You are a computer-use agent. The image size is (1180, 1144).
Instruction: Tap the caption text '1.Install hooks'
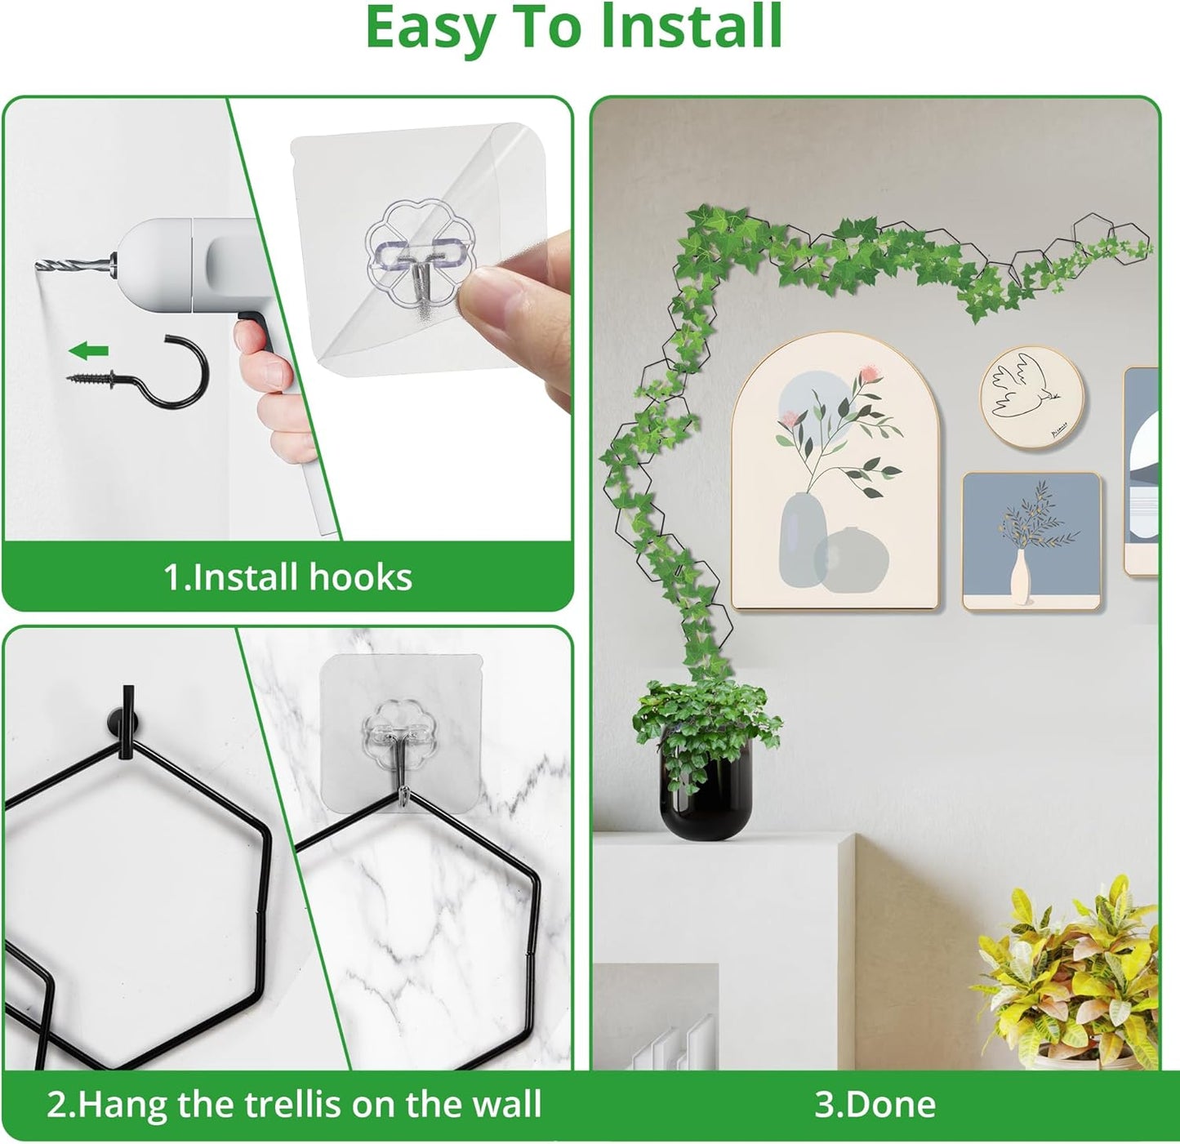click(287, 576)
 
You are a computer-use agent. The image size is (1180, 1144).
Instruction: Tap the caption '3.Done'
click(875, 1104)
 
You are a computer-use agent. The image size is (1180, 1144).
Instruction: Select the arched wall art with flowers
click(835, 474)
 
